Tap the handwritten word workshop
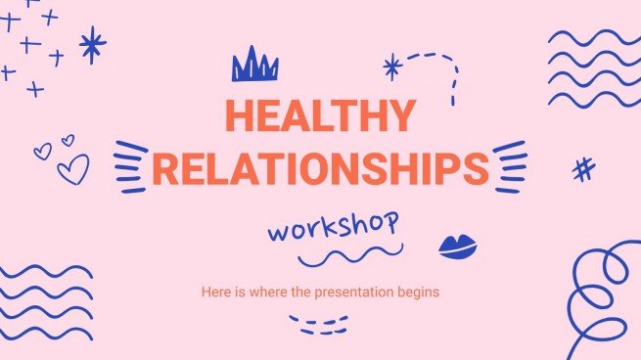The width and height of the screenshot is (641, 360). [334, 231]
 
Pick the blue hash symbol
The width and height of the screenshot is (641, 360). [583, 170]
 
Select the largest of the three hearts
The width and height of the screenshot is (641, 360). [72, 171]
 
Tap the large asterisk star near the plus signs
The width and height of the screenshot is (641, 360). [92, 44]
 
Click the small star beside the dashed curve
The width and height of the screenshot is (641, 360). [391, 67]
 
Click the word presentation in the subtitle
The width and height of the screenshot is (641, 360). [366, 292]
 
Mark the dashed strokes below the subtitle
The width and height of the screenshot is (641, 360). [319, 322]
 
